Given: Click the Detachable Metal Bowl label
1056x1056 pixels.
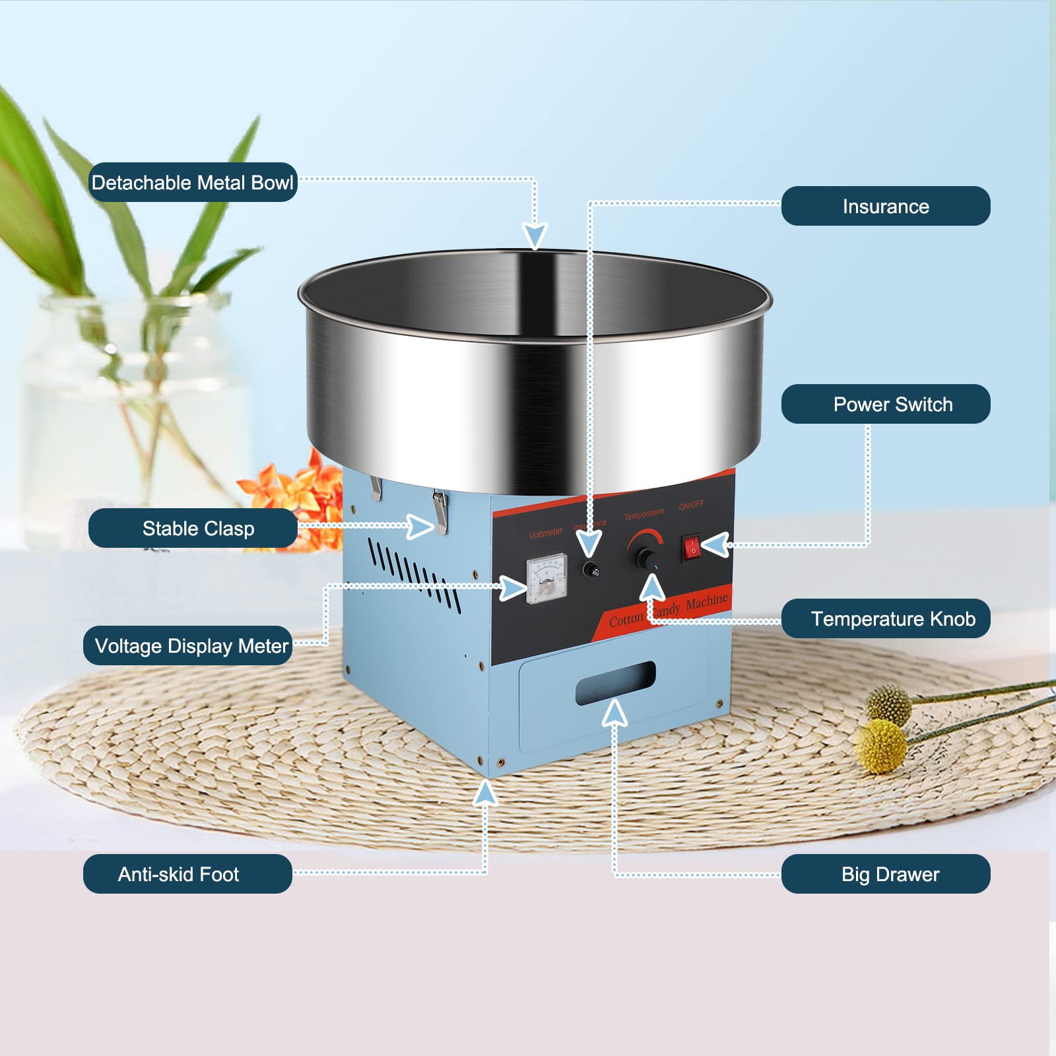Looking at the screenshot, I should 192,182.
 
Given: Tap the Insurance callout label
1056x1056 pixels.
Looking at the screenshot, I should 885,206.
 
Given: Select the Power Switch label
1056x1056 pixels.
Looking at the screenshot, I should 885,404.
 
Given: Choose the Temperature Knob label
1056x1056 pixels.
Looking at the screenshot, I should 885,618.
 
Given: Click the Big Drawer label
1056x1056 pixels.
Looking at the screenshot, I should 885,874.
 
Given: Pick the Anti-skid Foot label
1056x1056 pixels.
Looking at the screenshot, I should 187,874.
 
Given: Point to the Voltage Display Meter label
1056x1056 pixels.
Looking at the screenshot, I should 187,645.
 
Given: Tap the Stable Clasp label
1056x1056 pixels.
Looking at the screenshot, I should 193,528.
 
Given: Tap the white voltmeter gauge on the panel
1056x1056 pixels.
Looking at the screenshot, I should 546,578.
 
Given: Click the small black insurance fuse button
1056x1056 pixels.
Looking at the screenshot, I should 591,570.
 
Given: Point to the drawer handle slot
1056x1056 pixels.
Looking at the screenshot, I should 615,683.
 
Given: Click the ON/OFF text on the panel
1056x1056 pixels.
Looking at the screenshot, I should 691,506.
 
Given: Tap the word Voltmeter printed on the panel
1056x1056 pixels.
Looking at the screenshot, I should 545,533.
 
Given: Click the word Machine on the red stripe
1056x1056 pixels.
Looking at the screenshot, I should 706,602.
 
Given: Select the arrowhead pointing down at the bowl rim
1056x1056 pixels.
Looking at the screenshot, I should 535,235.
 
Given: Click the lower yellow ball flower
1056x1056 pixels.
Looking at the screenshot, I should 881,746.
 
